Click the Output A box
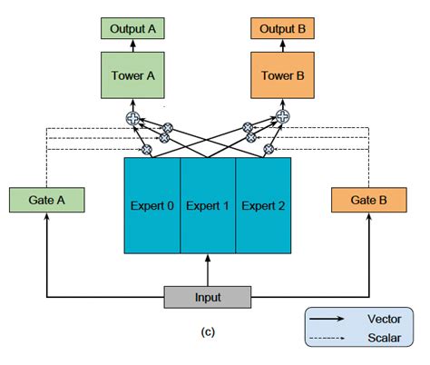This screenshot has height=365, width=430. [133, 28]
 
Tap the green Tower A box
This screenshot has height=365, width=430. [133, 76]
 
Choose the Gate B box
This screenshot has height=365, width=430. [369, 200]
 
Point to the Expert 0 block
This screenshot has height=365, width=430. [151, 205]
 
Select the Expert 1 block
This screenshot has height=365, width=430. [208, 205]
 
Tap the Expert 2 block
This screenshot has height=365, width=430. [264, 205]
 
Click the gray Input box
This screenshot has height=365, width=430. [208, 296]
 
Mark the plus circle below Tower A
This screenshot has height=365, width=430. [132, 116]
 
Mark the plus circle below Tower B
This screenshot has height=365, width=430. [282, 116]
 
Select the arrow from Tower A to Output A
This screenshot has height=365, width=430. [133, 45]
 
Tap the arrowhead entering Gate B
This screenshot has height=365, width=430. [369, 219]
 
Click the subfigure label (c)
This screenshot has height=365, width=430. [208, 331]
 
